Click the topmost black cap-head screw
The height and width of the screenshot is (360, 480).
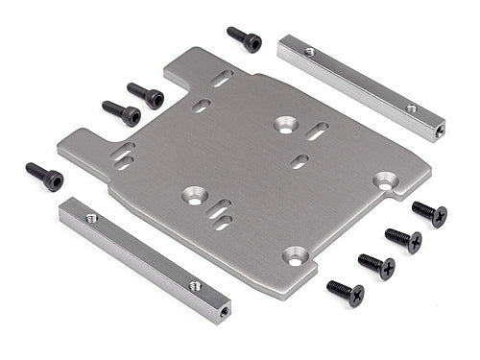245,38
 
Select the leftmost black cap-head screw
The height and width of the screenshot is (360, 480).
44,176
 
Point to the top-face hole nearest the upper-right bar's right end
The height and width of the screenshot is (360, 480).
411,108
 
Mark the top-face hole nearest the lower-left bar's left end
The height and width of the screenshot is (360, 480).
92,218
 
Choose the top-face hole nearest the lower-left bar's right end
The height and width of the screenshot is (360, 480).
195,285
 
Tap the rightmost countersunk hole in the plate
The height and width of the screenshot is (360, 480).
386,180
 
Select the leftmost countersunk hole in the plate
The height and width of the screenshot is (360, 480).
195,195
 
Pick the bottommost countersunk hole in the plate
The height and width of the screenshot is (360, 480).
295,255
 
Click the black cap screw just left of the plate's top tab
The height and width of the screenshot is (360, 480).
146,96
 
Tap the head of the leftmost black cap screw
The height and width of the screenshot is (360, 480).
54,180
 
